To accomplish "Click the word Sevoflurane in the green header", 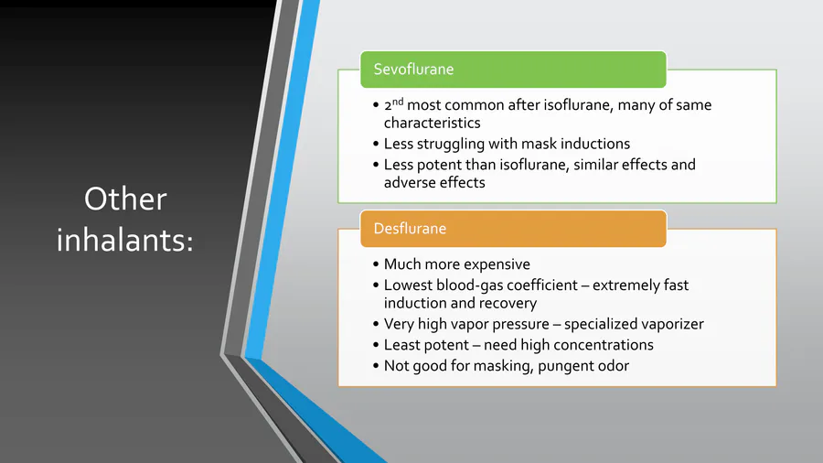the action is (413, 70).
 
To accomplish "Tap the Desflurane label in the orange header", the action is (410, 229).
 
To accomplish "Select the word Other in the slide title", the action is (125, 199).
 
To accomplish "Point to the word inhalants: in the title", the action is (125, 240).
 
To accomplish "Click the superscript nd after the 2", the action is (398, 102).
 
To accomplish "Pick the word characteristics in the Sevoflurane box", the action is (432, 123).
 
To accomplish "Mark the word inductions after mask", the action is (595, 144).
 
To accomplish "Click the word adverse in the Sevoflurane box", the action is (407, 183).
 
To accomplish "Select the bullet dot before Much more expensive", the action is (376, 264).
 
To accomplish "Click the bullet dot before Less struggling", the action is (376, 144).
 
